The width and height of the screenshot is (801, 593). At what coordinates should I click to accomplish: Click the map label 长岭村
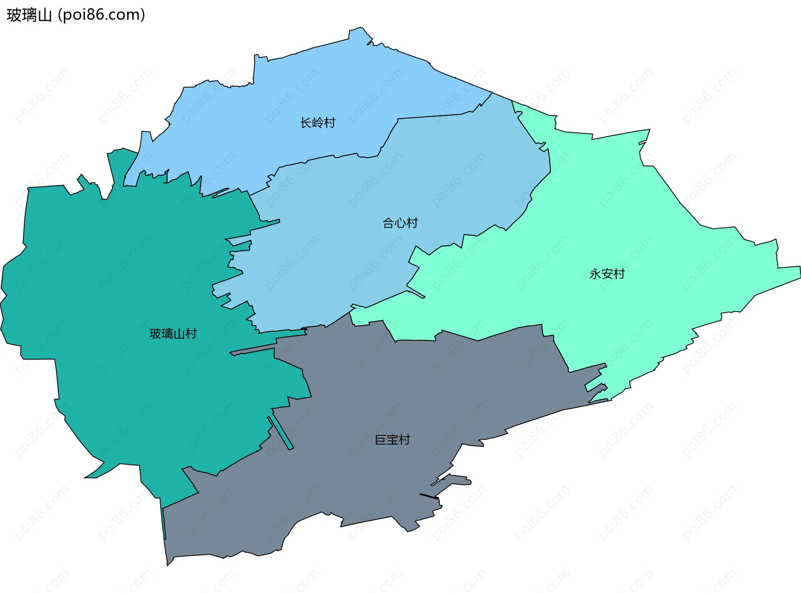317,123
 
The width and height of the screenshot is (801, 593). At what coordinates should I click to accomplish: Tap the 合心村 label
400,223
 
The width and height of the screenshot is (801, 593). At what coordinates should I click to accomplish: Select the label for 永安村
607,274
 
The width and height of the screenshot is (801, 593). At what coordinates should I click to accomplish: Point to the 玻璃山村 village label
173,334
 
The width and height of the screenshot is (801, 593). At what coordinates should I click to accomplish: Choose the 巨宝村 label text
393,440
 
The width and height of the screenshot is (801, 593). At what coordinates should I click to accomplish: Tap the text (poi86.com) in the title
101,15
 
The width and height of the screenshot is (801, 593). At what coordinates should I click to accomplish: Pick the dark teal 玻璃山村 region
125,271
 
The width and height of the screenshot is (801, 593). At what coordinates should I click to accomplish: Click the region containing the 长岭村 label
292,92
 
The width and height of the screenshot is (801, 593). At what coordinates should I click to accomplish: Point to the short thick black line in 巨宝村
429,496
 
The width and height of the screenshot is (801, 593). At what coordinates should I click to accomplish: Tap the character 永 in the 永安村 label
595,274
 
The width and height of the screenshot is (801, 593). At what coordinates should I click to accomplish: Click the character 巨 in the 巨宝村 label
380,440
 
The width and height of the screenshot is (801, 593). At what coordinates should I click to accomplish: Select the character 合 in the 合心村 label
388,223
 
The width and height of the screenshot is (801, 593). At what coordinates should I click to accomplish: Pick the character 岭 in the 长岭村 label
317,123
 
